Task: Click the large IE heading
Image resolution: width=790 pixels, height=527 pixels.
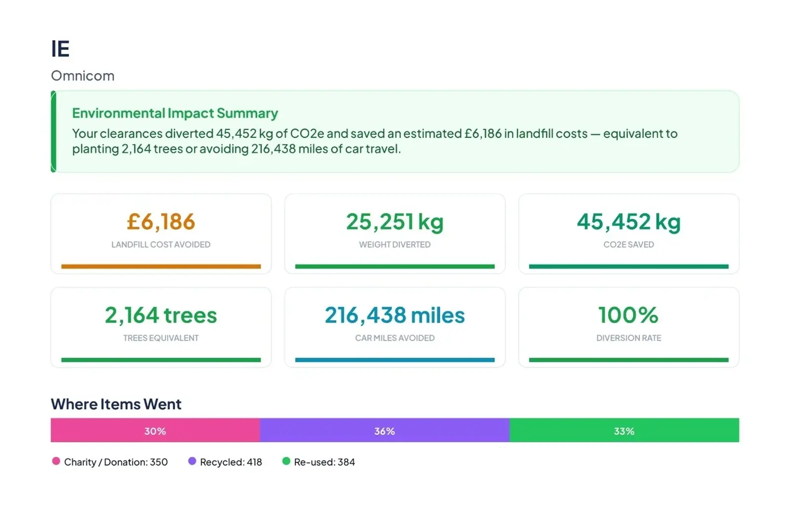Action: pos(60,48)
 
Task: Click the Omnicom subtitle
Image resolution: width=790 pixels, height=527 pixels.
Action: pos(83,76)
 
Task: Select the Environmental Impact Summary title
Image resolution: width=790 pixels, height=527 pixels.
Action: pos(175,113)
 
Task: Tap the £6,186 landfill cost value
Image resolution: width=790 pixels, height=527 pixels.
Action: pos(161,222)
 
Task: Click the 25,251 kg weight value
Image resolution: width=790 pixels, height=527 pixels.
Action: pos(395,222)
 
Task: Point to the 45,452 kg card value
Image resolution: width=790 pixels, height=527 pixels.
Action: pos(629,222)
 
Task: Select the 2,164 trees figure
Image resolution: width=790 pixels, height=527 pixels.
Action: pos(161,315)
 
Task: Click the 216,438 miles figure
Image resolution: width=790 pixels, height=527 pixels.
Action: pos(395,315)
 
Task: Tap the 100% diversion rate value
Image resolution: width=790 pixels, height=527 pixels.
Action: pos(629,315)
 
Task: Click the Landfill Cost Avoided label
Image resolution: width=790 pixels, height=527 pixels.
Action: pos(161,244)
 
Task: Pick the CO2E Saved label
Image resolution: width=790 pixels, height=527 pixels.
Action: pos(629,244)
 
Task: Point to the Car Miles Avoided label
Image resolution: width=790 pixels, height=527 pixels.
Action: pos(395,338)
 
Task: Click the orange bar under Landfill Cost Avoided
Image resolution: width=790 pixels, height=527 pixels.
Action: pos(161,266)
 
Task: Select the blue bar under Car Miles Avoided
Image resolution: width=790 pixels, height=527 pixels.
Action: pos(395,360)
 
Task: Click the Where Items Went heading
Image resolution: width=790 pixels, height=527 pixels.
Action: pos(116,404)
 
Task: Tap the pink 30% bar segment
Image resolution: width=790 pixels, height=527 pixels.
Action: pos(155,430)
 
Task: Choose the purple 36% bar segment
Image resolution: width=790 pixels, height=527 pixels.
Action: pos(385,430)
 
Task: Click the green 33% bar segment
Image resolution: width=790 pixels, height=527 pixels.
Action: pos(624,430)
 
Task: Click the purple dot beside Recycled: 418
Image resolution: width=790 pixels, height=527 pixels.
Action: pos(192,461)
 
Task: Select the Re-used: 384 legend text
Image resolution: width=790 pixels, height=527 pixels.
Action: pos(324,462)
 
